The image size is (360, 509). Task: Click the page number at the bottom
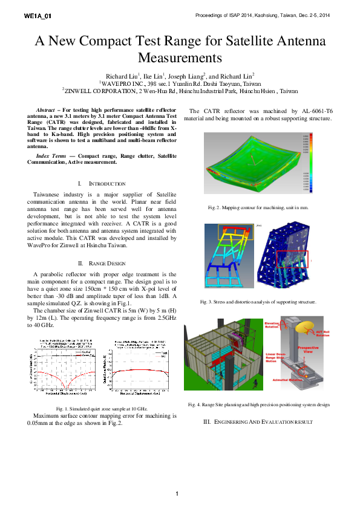(x=177, y=494)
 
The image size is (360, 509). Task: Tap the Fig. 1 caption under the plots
(x=102, y=409)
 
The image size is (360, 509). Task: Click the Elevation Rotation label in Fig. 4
(x=272, y=325)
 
